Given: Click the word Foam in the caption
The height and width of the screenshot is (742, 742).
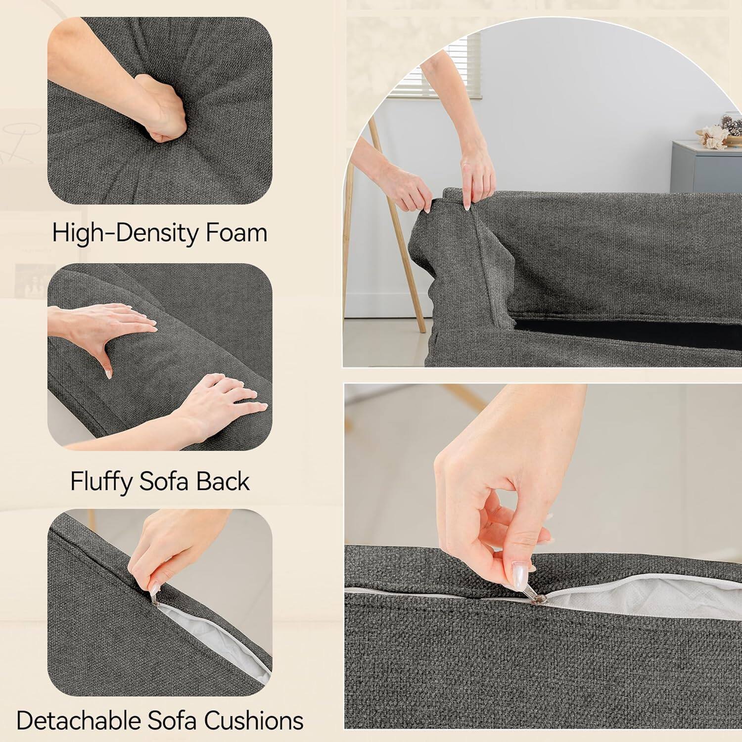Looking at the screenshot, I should [x=236, y=232].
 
